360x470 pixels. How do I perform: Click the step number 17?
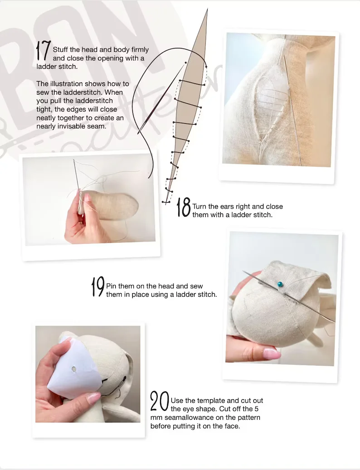coord(43,50)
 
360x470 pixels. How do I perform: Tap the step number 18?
coord(183,207)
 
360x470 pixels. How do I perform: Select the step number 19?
coord(98,286)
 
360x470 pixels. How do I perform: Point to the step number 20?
coord(159,401)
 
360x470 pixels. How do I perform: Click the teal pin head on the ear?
coord(279,284)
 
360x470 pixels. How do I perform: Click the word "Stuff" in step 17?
coord(61,50)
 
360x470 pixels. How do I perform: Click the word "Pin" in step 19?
coord(111,286)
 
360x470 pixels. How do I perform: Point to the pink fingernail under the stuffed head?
coord(271,355)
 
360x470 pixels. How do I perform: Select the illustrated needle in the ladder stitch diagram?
coord(161,99)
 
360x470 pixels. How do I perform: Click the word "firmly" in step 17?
coord(140,50)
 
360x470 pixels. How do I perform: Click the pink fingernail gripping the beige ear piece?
coord(87,197)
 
